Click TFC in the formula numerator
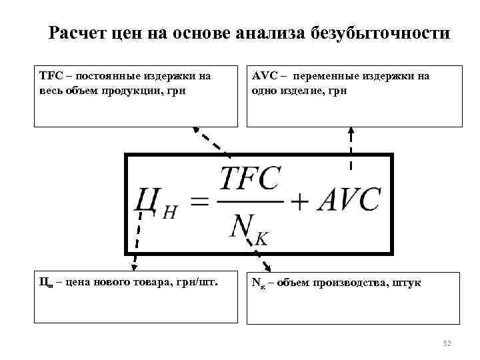tap(251, 179)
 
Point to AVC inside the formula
tap(348, 200)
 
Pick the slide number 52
tap(447, 343)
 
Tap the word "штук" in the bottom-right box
tap(407, 283)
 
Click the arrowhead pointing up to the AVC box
tap(351, 132)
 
